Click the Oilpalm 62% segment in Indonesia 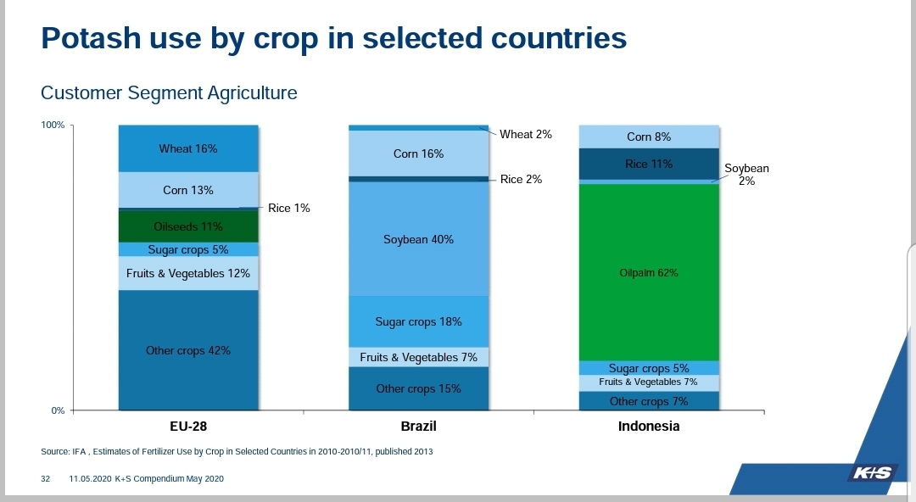649,272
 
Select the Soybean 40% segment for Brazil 419,239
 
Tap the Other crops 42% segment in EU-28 188,350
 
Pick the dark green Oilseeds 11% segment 188,226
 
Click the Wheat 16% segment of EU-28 188,148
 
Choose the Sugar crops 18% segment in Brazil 419,321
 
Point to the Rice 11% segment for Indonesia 649,164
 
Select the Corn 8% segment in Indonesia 649,137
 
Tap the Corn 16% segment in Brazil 419,153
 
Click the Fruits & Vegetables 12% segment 188,273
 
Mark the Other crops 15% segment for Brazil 419,388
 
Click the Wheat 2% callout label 526,134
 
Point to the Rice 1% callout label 289,208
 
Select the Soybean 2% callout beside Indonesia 746,175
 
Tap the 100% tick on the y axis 53,126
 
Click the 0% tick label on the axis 58,410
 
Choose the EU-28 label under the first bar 188,427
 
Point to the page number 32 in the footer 46,479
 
